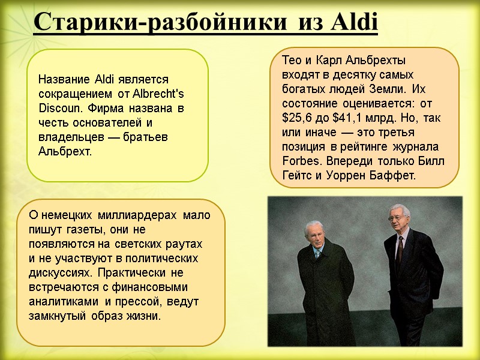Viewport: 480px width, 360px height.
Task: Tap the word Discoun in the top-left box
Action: click(57, 109)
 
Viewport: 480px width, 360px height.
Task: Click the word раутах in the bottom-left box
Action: click(185, 244)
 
